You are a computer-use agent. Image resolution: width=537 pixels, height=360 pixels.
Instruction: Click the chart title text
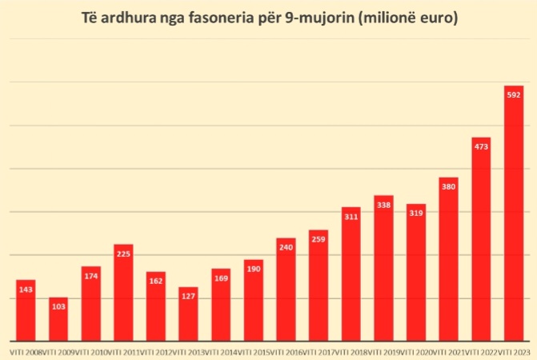[269, 18]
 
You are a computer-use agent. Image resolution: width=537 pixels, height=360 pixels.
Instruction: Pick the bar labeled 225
[123, 292]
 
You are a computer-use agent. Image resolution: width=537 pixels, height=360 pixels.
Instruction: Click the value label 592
[514, 94]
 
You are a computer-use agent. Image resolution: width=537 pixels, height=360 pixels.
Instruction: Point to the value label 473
[481, 146]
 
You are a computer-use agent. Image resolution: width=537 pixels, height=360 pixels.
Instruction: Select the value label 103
[58, 307]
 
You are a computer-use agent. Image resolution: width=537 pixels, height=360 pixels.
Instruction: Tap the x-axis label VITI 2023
[515, 351]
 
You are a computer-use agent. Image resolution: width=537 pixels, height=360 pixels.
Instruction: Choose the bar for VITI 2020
[416, 272]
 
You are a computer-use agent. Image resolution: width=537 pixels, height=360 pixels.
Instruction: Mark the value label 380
[448, 186]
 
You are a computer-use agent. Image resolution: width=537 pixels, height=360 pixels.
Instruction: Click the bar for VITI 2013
[188, 314]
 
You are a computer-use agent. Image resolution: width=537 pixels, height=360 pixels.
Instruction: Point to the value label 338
[383, 205]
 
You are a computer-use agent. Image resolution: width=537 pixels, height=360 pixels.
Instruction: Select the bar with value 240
[286, 289]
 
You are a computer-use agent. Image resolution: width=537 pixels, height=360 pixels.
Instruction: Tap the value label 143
[26, 290]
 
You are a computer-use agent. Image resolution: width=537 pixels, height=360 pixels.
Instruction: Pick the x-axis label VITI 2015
[253, 351]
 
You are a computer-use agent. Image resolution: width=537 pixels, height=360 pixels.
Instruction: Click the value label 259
[319, 239]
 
